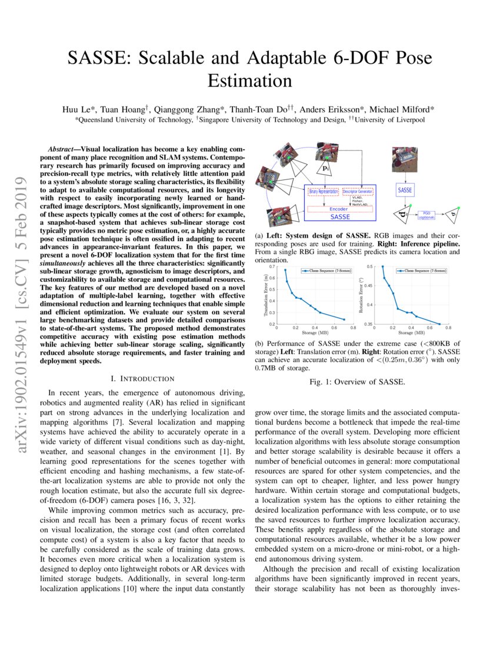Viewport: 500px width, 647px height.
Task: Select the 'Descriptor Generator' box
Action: pos(359,192)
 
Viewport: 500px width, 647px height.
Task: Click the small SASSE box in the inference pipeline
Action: pos(405,191)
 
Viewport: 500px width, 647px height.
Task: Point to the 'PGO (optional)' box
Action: pos(427,216)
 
